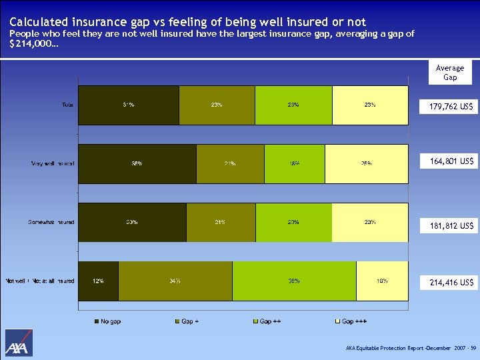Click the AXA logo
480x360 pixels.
coord(19,343)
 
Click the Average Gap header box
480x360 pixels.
coord(450,73)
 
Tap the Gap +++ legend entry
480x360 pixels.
coord(351,321)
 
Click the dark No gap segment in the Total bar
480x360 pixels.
coord(129,105)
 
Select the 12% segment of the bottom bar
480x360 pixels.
coord(99,281)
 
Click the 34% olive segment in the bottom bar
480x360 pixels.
coord(175,281)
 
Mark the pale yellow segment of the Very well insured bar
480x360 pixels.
coord(366,163)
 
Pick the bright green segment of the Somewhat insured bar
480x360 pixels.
coord(293,222)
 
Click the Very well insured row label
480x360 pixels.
coord(53,163)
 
